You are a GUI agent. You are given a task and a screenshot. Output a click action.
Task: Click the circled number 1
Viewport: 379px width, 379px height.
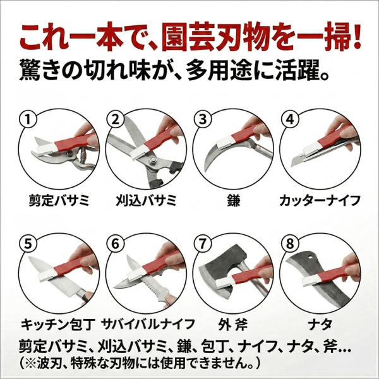pos(28,119)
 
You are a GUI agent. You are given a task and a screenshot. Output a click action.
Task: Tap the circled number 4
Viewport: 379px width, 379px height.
pos(291,119)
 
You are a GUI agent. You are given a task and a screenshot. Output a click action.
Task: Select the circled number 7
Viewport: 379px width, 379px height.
pos(203,244)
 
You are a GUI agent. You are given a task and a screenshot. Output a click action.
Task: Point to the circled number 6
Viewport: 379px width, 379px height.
pos(116,244)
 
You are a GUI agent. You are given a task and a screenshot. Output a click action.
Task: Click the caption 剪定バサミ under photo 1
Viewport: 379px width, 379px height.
pos(59,200)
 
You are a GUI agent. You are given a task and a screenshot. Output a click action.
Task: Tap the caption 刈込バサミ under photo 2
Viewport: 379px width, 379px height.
pos(146,200)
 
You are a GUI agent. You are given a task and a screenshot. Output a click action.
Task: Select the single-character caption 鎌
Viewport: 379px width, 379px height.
pos(233,200)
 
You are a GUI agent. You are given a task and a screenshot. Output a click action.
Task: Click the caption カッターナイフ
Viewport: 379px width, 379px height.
pos(320,200)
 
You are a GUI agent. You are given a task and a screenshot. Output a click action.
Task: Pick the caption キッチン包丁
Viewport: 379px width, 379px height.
pos(57,325)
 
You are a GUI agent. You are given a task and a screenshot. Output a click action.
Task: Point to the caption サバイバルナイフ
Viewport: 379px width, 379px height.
pos(148,325)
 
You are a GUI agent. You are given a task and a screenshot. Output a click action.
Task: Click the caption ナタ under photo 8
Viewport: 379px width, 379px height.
pos(320,325)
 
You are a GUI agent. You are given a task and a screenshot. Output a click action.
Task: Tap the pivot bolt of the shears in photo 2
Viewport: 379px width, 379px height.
pos(152,160)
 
